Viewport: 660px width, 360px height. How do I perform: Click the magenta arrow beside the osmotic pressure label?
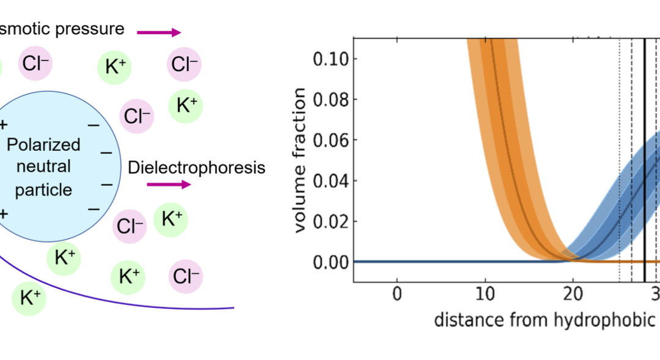coord(159,32)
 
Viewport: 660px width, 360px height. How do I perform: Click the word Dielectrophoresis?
coord(196,167)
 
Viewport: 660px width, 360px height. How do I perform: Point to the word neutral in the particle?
coord(45,166)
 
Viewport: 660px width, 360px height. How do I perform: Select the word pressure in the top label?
coord(95,28)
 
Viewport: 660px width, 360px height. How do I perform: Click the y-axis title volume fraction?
coord(300,160)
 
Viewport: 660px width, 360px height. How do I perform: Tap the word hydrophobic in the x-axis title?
coord(612,320)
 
